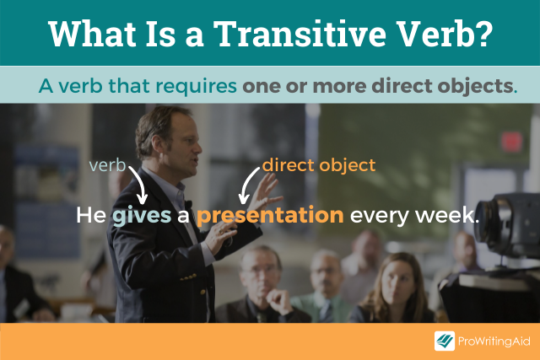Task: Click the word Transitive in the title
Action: coord(306,34)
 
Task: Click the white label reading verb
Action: coord(107,167)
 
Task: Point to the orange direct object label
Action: coord(318,165)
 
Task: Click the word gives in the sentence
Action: coord(141,216)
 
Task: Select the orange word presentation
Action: coord(270,216)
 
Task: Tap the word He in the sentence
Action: coord(91,216)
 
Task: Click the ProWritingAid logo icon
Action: coord(445,341)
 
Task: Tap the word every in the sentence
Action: coord(378,216)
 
